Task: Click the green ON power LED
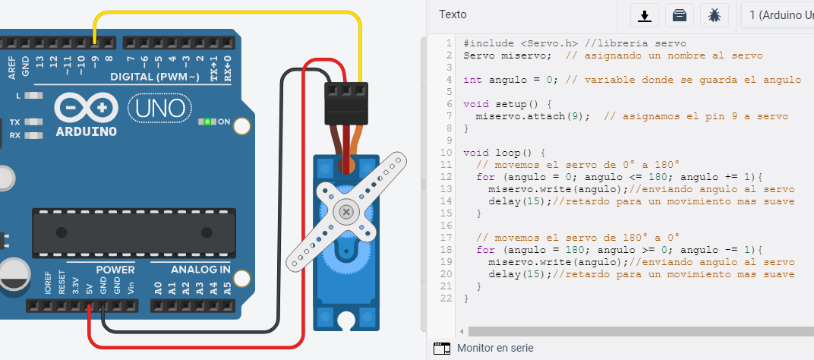pos(204,122)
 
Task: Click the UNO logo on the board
pos(160,108)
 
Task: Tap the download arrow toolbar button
pos(645,14)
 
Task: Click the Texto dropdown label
pos(453,14)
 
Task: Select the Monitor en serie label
pos(495,348)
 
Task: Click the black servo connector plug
pos(346,104)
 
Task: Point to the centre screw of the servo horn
pos(346,210)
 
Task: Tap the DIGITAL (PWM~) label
pos(155,77)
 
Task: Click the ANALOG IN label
pos(201,270)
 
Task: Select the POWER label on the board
pos(115,270)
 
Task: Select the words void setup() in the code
pos(502,104)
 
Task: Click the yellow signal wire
pos(228,13)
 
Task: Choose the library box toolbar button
pos(679,14)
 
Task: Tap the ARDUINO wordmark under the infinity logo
pos(87,130)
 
